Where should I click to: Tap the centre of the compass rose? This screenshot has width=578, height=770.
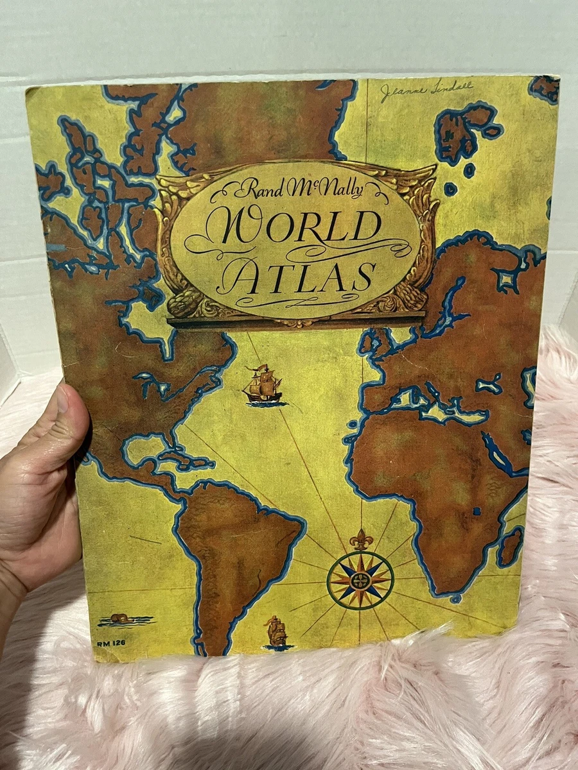[x=360, y=579]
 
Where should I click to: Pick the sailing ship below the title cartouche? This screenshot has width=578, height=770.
[x=263, y=386]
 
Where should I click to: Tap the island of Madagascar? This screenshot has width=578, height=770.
[x=511, y=546]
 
